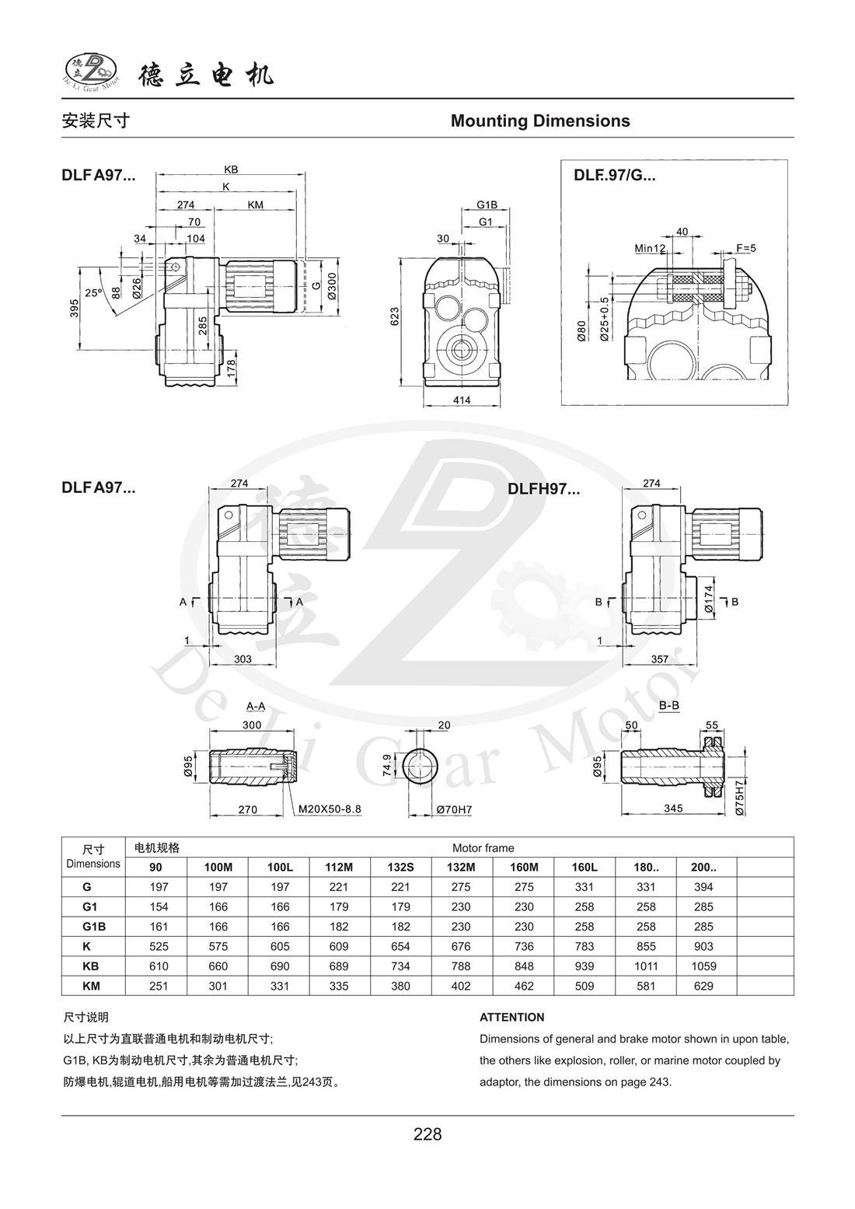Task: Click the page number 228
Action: (x=427, y=1134)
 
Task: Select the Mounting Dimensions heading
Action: (x=540, y=121)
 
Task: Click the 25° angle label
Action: (x=93, y=293)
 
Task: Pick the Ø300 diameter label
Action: (x=331, y=285)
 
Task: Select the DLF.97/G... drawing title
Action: (x=614, y=175)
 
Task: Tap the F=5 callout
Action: (x=745, y=248)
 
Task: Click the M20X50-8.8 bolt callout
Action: (x=330, y=809)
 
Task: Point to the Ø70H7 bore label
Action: (x=454, y=809)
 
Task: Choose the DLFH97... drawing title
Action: (x=544, y=489)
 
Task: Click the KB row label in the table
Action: (x=92, y=966)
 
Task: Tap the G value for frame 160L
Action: (x=584, y=887)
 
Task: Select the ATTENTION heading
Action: (x=511, y=1017)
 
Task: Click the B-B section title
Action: (x=668, y=706)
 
